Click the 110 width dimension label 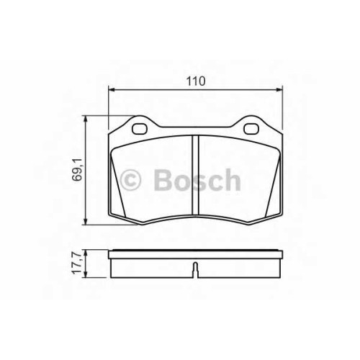[196, 81]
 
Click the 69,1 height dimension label [78, 169]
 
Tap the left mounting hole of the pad [139, 129]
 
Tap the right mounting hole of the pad [251, 129]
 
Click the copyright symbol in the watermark [130, 180]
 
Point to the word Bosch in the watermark [197, 179]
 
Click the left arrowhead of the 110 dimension [111, 90]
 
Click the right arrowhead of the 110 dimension [280, 90]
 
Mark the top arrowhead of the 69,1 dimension [85, 119]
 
